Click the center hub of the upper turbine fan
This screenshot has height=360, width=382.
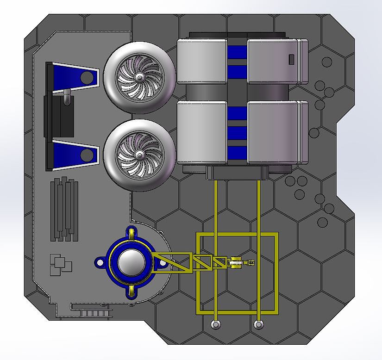139,77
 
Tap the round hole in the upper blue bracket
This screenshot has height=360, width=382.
86,77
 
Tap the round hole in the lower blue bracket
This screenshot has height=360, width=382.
86,154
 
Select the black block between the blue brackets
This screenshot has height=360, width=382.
59,116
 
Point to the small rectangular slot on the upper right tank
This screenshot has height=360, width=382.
291,59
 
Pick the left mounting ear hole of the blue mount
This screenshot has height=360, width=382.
99,263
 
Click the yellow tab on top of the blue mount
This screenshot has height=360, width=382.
132,233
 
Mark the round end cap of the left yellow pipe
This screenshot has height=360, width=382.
216,325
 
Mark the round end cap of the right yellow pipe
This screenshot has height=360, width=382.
258,325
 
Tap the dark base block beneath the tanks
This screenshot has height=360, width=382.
237,173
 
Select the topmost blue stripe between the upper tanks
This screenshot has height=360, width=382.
237,52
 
